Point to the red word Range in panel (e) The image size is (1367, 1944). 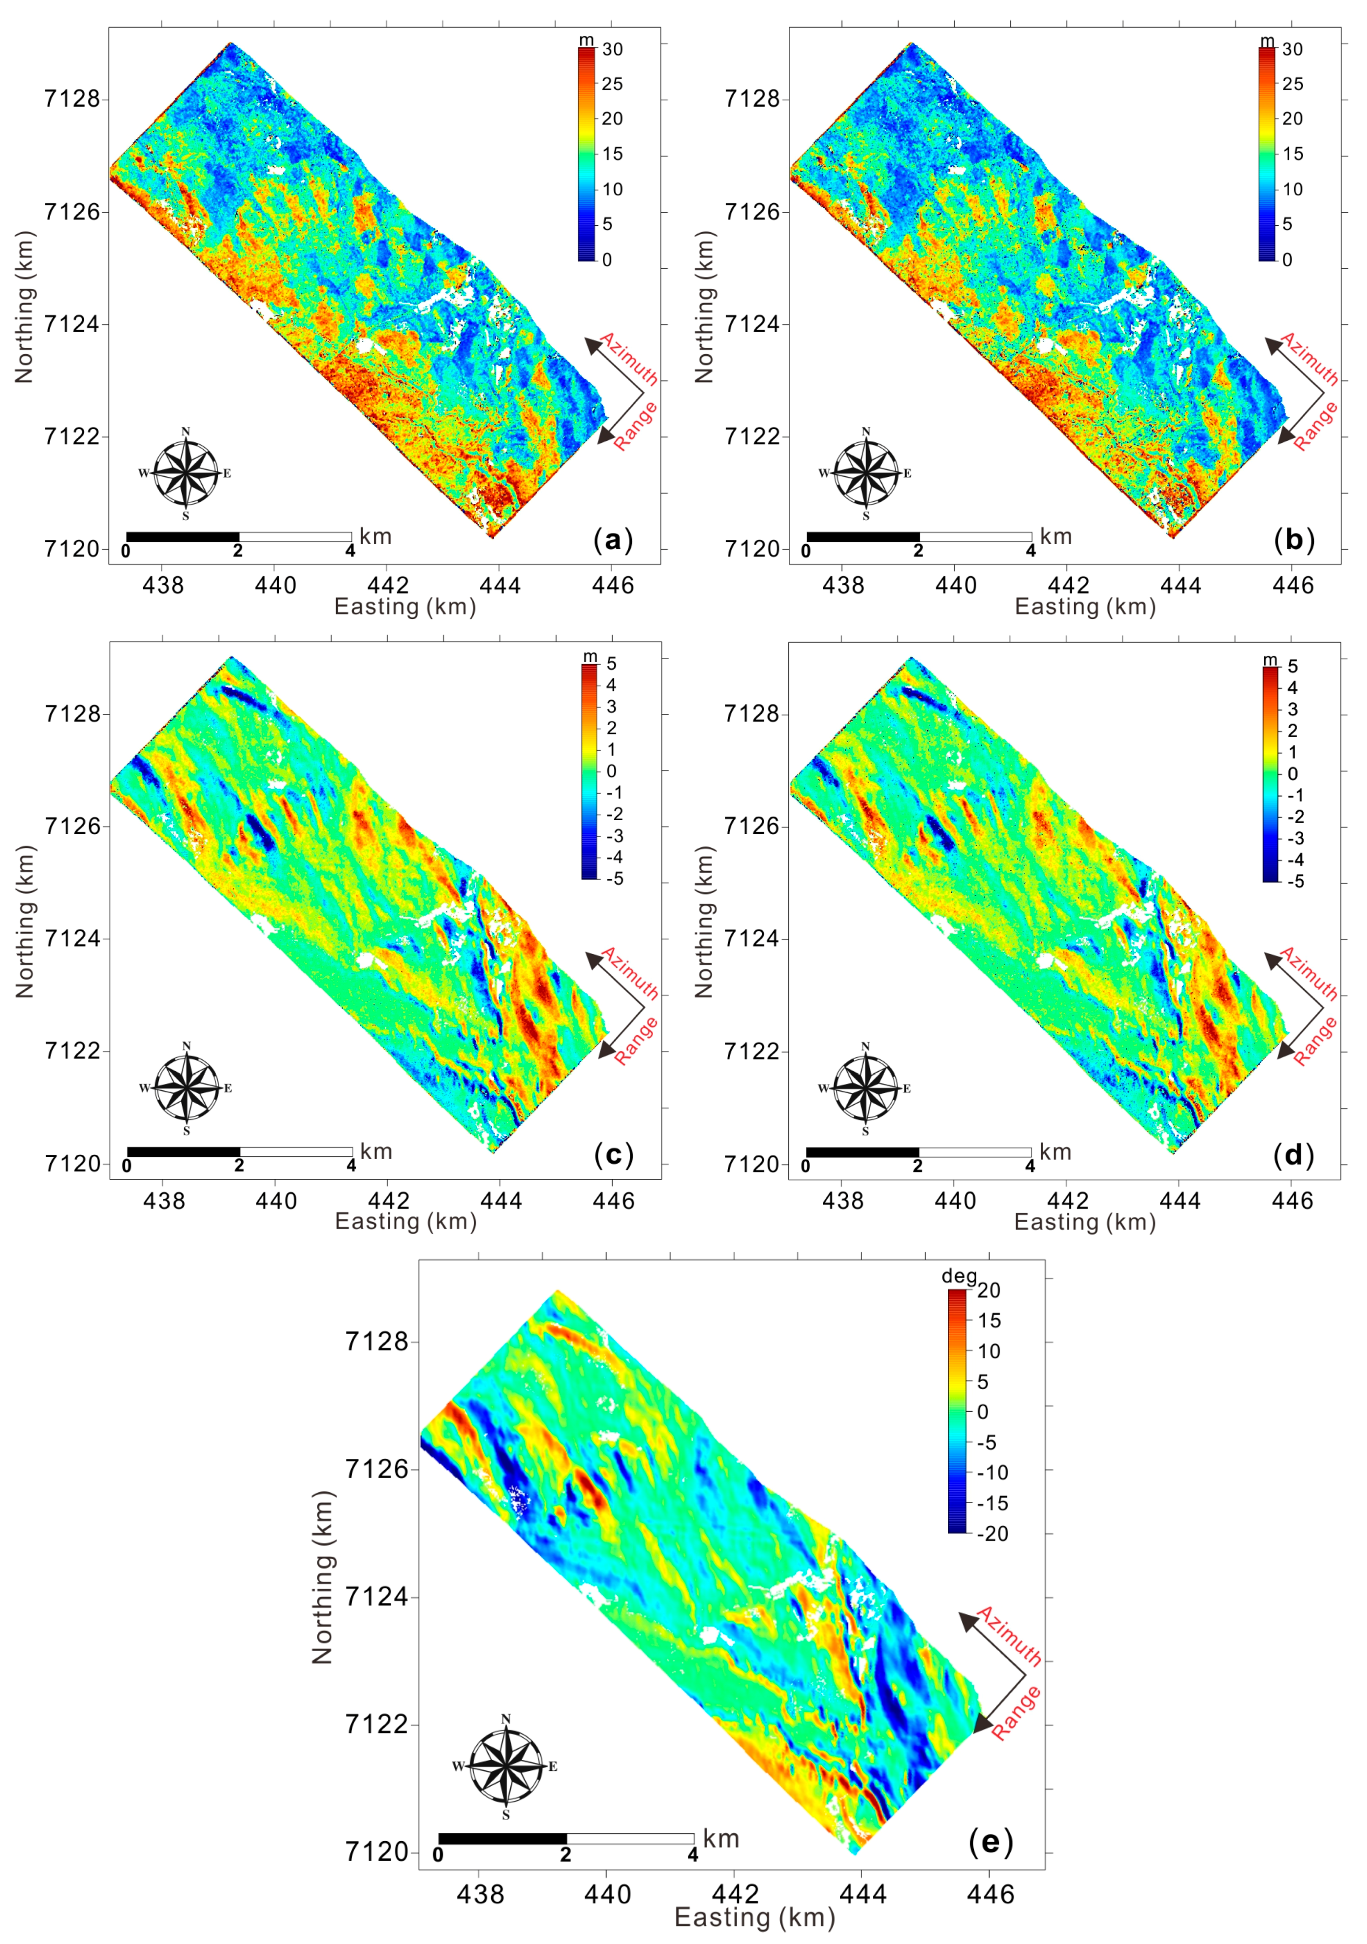1016,1712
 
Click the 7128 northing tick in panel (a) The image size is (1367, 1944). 71,99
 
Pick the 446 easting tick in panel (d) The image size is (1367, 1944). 1293,1201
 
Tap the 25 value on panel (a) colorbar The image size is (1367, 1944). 612,84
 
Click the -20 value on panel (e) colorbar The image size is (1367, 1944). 992,1533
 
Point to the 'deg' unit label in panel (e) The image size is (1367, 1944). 959,1276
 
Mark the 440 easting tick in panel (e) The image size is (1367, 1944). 607,1894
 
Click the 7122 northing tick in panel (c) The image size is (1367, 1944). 72,1051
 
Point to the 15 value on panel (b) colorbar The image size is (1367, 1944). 1292,154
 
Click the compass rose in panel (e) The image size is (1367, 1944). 506,1766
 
